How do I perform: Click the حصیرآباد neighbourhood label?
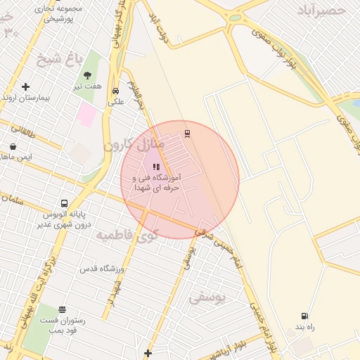pos(321,11)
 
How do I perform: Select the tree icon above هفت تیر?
pos(88,75)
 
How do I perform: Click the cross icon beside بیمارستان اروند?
pos(26,87)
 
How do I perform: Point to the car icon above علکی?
pos(115,91)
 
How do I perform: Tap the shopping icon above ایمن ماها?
pos(13,146)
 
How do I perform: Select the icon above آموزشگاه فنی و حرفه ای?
pos(156,167)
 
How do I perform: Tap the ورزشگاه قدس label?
pos(101,269)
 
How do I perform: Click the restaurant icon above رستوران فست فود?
pos(63,309)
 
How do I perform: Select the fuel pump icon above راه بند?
pos(304,316)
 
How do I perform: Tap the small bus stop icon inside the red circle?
pos(187,133)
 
